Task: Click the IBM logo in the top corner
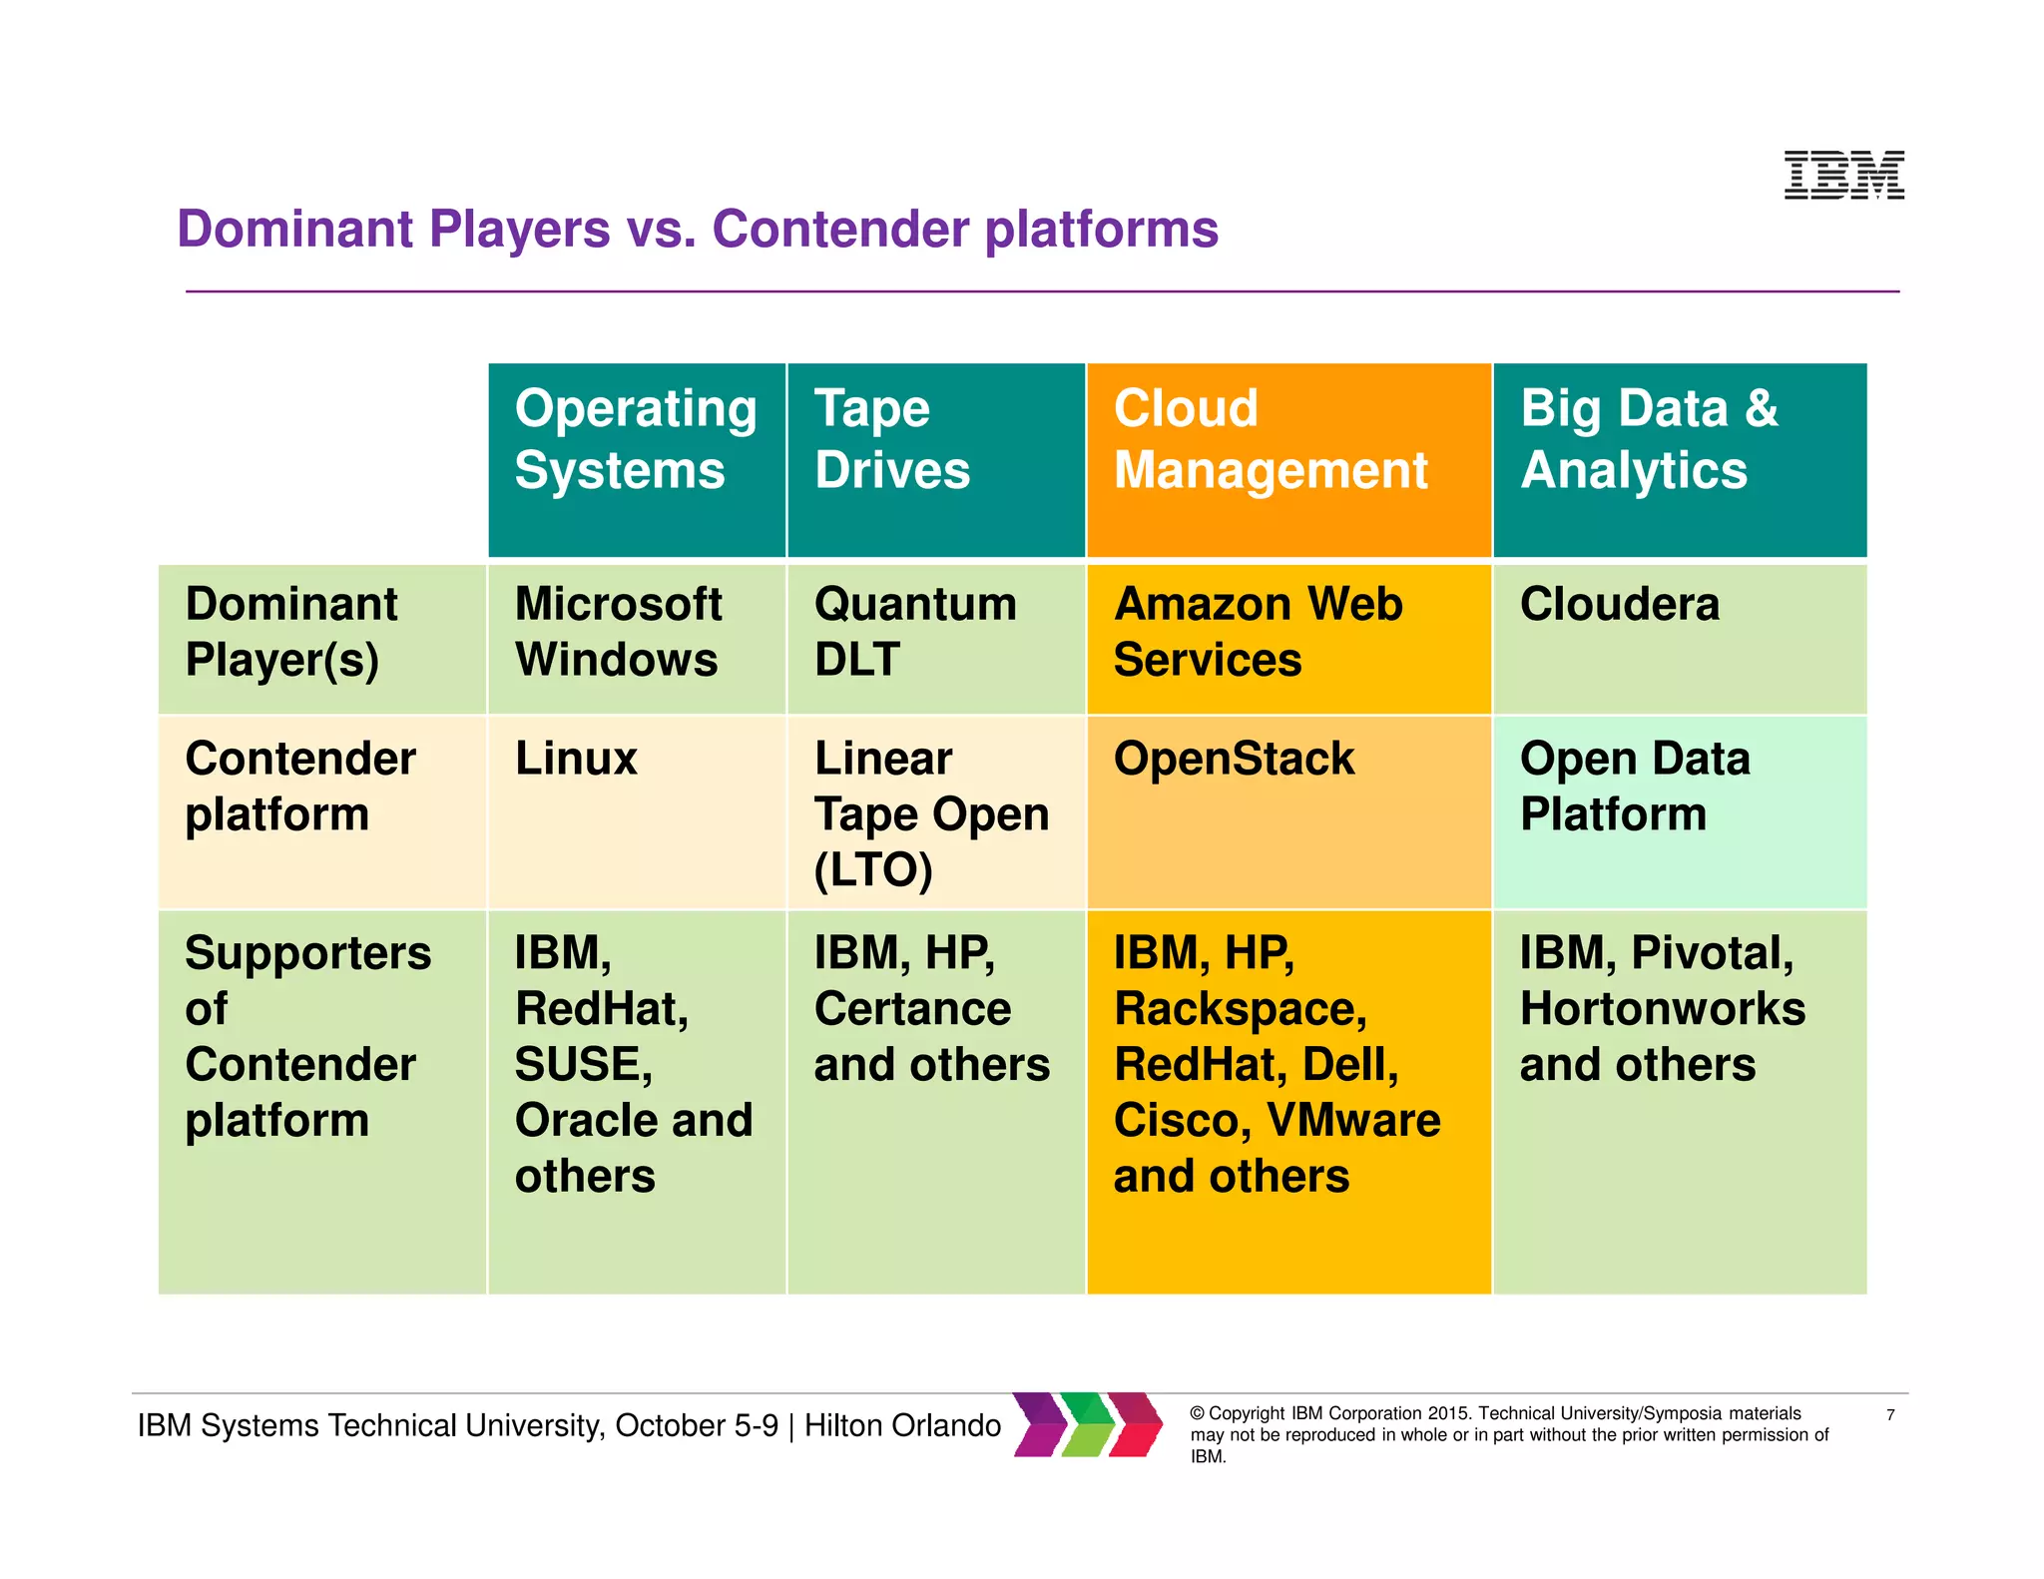coord(1843,176)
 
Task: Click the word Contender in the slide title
coord(840,229)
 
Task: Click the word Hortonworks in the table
coord(1662,1009)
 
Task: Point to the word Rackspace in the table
coord(1239,1009)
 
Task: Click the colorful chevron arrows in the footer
coord(1088,1424)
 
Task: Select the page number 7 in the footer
coord(1889,1415)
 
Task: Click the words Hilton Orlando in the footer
coord(902,1425)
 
